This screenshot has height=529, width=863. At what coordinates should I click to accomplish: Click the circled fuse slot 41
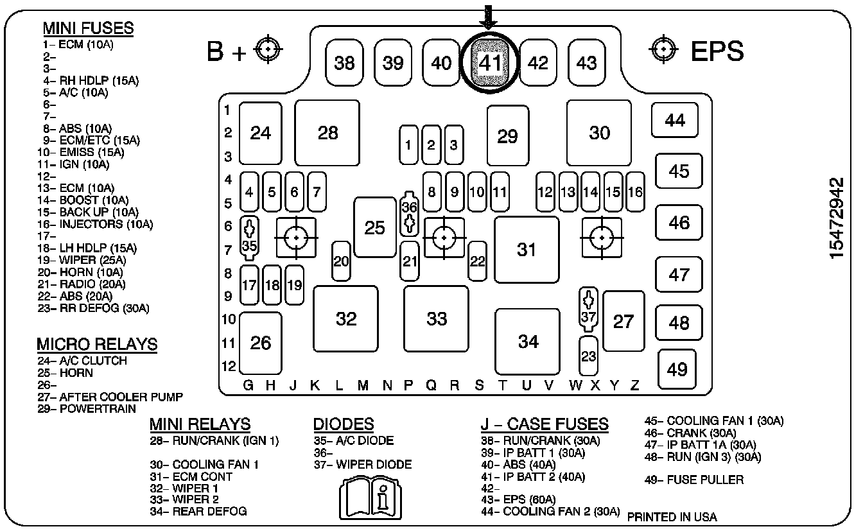pos(489,62)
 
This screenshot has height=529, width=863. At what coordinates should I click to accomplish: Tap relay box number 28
pos(327,133)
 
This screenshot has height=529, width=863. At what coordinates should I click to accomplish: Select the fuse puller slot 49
pos(677,369)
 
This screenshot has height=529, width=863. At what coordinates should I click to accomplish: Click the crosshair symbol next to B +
pos(268,49)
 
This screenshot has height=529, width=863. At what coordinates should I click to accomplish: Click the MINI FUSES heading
pos(88,28)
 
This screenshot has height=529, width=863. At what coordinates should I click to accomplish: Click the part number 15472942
pos(837,218)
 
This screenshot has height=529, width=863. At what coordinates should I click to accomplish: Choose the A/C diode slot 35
pos(249,238)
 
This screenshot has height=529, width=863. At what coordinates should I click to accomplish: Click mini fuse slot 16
pos(635,191)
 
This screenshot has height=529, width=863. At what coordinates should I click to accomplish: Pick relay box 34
pos(528,342)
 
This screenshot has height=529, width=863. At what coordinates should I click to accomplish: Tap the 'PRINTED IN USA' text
pos(672,517)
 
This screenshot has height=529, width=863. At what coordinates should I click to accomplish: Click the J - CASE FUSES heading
pos(545,424)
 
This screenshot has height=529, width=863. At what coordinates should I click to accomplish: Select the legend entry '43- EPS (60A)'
pos(519,499)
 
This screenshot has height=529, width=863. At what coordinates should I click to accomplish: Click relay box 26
pos(261,343)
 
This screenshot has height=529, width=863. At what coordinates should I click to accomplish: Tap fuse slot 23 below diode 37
pos(588,356)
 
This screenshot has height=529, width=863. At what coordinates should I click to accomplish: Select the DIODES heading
pos(343,424)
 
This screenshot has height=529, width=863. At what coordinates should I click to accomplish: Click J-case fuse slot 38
pos(345,62)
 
